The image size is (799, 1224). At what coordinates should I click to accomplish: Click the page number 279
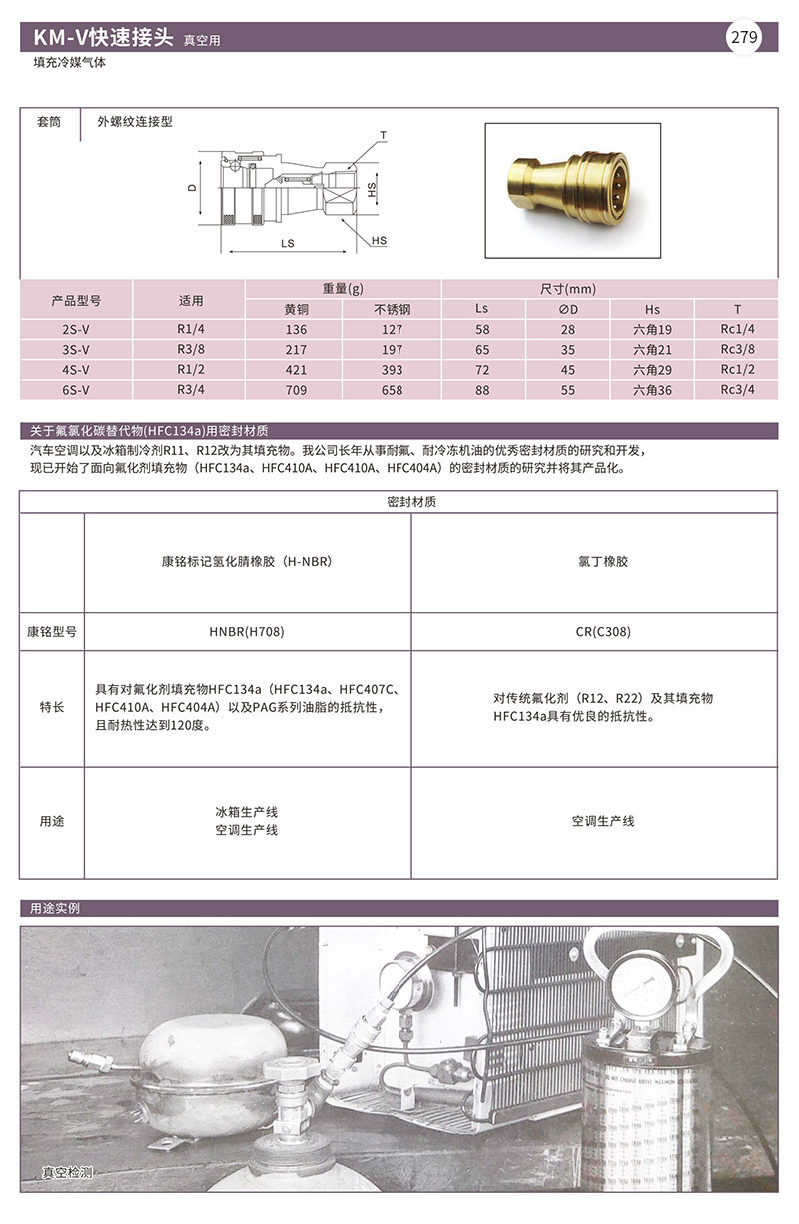click(x=745, y=39)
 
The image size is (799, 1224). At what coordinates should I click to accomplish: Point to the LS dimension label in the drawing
click(x=288, y=243)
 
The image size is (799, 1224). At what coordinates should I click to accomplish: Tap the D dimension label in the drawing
click(x=191, y=188)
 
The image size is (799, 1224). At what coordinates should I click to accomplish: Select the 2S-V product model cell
click(x=76, y=329)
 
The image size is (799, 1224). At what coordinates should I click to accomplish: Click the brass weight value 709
click(x=296, y=390)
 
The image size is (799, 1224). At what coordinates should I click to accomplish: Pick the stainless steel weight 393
click(x=393, y=370)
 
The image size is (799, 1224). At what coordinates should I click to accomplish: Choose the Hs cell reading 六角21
click(x=653, y=350)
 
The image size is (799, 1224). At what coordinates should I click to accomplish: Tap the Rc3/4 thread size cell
click(x=737, y=390)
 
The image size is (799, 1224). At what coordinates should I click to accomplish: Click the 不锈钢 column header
click(x=393, y=309)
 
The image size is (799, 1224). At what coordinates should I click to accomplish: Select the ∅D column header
click(x=568, y=309)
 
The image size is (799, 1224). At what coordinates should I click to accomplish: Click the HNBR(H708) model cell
click(x=247, y=632)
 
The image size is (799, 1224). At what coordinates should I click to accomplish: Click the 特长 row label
click(x=52, y=707)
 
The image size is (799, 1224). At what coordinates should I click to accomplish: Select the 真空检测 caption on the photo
click(x=67, y=1172)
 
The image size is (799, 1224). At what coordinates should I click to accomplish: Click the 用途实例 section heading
click(x=55, y=908)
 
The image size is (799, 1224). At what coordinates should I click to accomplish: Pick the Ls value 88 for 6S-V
click(x=483, y=390)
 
